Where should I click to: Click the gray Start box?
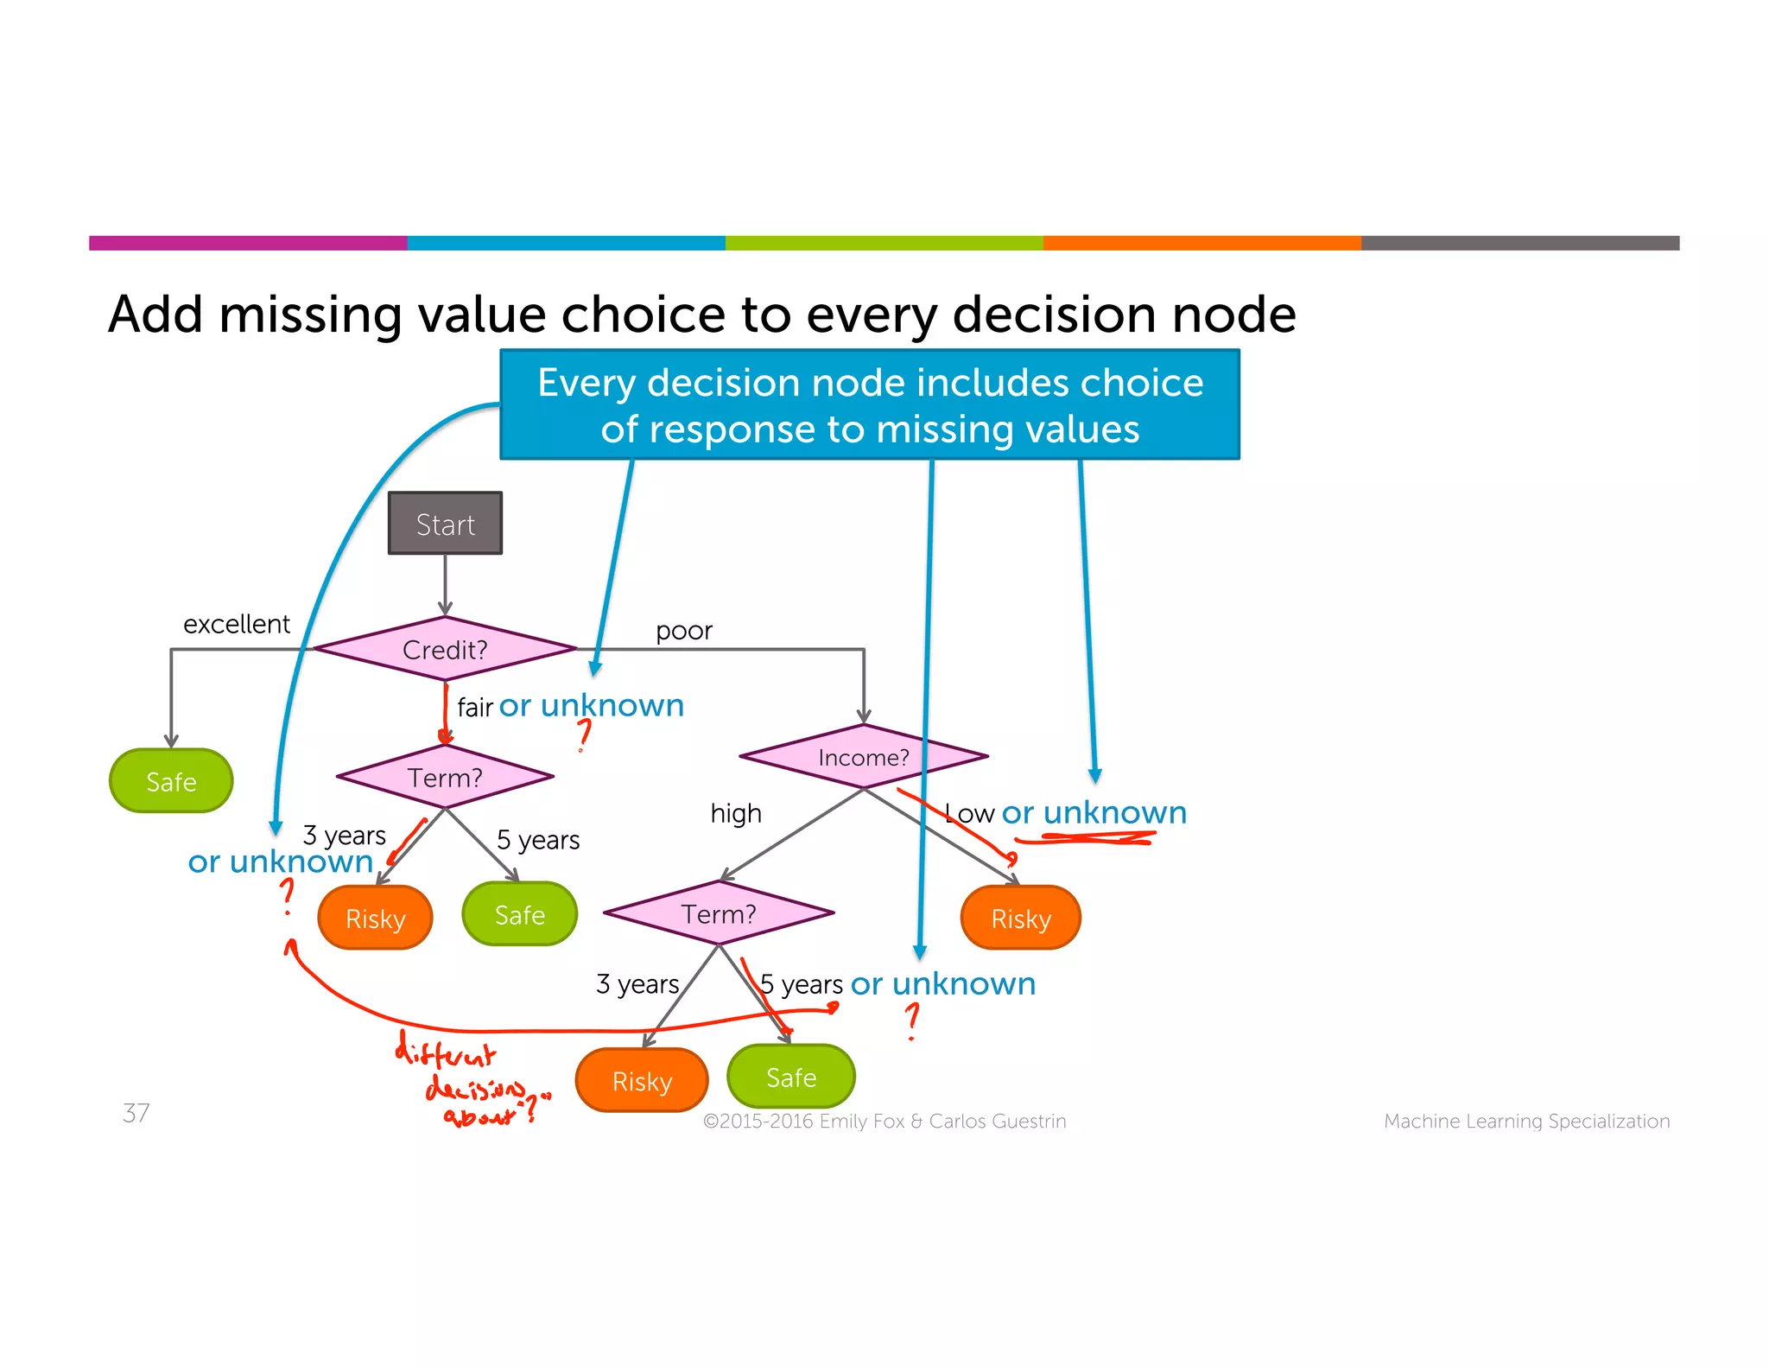pos(445,524)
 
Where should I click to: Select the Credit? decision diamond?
pos(445,649)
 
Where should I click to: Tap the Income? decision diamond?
pos(863,757)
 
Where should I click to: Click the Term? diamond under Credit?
pos(445,777)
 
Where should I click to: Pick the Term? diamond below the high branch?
pos(719,913)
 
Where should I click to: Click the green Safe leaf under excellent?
pos(171,781)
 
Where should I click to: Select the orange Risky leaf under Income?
pos(1020,918)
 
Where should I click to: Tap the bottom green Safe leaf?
pos(791,1077)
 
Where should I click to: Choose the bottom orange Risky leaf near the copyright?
pos(642,1080)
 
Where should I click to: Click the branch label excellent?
pos(237,624)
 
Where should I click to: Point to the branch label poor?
pos(683,631)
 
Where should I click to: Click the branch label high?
pos(736,813)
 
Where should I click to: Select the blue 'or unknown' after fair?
pos(592,706)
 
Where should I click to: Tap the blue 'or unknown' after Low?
pos(1094,812)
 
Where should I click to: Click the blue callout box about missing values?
pos(870,404)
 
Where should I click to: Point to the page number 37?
pos(136,1112)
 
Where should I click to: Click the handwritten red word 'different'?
pos(445,1052)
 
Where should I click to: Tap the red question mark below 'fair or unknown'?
pos(585,734)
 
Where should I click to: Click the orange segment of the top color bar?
pos(1202,243)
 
